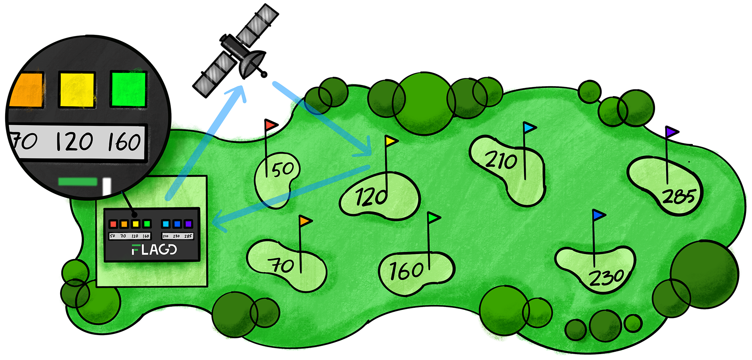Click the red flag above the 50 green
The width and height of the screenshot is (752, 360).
click(270, 125)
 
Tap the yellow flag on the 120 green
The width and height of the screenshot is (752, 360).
click(391, 140)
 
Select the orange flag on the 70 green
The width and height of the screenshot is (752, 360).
click(305, 221)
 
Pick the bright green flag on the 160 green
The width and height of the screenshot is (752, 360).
click(433, 218)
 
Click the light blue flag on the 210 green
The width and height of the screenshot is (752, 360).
click(529, 127)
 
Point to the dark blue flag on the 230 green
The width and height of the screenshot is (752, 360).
click(598, 215)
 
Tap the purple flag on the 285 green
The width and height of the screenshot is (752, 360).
click(672, 132)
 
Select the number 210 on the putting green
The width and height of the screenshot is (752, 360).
click(501, 160)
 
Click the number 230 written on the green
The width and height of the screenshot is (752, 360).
click(607, 278)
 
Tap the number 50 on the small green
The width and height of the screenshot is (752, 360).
click(283, 169)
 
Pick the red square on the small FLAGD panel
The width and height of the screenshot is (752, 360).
click(113, 224)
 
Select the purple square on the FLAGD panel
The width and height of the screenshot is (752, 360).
click(188, 224)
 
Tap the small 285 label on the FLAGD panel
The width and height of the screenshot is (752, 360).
click(188, 236)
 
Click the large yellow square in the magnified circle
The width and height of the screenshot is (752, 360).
click(77, 89)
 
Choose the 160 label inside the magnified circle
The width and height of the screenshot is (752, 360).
click(124, 142)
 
